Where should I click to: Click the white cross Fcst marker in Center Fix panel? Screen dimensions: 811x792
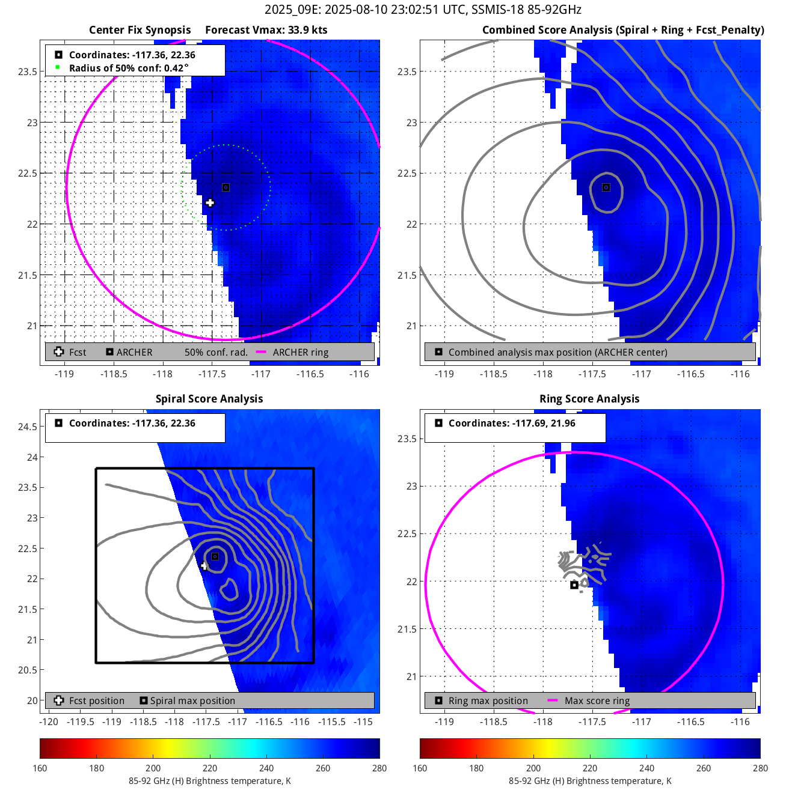[210, 202]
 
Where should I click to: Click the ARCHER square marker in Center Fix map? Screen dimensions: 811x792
[226, 187]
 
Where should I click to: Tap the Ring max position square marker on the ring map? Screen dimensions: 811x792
[574, 585]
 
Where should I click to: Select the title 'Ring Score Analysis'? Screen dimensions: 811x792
[589, 399]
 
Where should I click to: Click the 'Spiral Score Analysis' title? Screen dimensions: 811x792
[209, 399]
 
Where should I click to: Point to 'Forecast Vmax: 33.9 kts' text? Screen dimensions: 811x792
[266, 30]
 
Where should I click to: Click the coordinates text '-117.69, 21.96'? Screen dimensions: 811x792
[544, 424]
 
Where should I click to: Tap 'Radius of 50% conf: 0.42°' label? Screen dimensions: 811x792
[129, 68]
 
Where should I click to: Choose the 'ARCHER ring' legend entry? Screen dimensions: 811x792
[300, 353]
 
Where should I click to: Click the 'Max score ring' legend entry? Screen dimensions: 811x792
[597, 701]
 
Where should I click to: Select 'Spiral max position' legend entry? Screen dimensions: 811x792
[192, 701]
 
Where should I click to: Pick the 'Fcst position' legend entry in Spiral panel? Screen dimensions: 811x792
[96, 701]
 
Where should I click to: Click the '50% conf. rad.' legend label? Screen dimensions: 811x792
[216, 353]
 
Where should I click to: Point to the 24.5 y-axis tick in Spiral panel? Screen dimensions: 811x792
[28, 427]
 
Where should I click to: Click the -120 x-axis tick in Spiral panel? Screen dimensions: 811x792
[49, 721]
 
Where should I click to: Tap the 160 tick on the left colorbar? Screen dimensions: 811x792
[40, 768]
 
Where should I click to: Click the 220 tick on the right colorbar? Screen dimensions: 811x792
[590, 768]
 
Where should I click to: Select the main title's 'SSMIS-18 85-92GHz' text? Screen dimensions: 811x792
[526, 10]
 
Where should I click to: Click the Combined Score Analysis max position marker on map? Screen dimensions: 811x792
[606, 187]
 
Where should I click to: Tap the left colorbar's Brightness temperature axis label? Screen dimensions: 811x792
[209, 781]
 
